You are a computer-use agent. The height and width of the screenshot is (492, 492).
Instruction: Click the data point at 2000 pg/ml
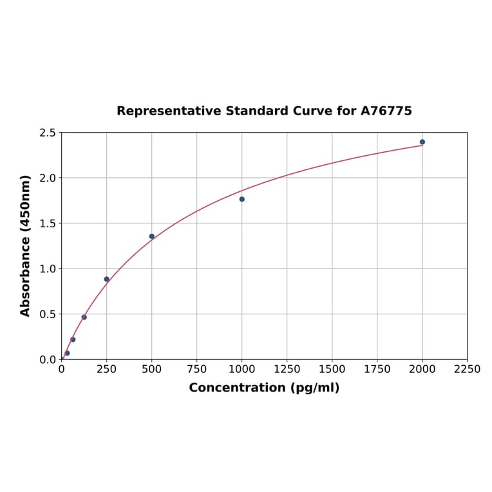tap(422, 142)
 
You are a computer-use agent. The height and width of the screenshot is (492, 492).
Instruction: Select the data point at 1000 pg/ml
tap(242, 199)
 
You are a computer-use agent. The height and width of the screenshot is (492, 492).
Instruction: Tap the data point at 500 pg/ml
tap(152, 236)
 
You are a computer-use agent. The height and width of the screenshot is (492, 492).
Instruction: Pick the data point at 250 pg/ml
tap(107, 279)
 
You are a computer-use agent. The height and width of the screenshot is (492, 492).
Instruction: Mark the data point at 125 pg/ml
tap(84, 317)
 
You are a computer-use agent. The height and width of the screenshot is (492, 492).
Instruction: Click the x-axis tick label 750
tap(197, 370)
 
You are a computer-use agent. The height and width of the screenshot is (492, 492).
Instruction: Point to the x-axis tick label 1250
tap(287, 370)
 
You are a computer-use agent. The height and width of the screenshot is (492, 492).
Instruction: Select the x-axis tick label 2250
tap(468, 370)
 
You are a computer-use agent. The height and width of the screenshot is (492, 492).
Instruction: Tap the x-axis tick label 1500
tap(332, 370)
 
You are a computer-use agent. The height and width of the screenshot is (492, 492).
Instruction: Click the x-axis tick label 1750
tap(377, 370)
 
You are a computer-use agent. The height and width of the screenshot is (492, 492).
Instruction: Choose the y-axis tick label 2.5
tap(48, 133)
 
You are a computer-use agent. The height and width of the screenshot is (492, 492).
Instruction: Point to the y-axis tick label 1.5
tap(48, 223)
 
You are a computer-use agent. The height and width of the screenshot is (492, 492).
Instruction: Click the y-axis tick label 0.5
tap(48, 314)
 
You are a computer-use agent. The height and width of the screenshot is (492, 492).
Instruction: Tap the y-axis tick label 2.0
tap(48, 178)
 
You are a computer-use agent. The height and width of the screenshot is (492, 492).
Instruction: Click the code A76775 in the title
tap(386, 111)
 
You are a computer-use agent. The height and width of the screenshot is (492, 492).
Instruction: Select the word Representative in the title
tap(169, 111)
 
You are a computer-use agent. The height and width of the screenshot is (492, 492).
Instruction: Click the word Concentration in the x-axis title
tap(236, 388)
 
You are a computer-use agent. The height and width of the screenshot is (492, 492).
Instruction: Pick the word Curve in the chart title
tap(313, 111)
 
